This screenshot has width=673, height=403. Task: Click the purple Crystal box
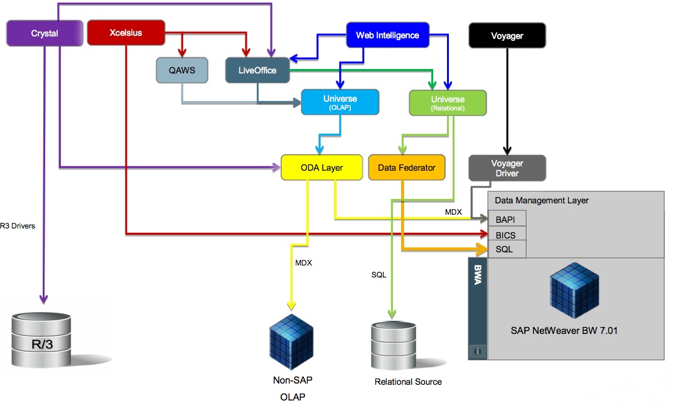45,33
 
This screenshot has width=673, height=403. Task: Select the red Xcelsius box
126,32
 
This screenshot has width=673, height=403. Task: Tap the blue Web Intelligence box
387,35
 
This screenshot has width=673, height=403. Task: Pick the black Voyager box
507,36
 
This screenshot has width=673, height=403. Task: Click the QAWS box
181,70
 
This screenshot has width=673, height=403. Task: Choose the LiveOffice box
257,70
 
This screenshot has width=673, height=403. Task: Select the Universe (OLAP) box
340,102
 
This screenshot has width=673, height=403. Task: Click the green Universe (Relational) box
448,103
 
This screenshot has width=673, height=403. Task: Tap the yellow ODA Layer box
321,168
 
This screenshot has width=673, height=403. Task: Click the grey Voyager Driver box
507,168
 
